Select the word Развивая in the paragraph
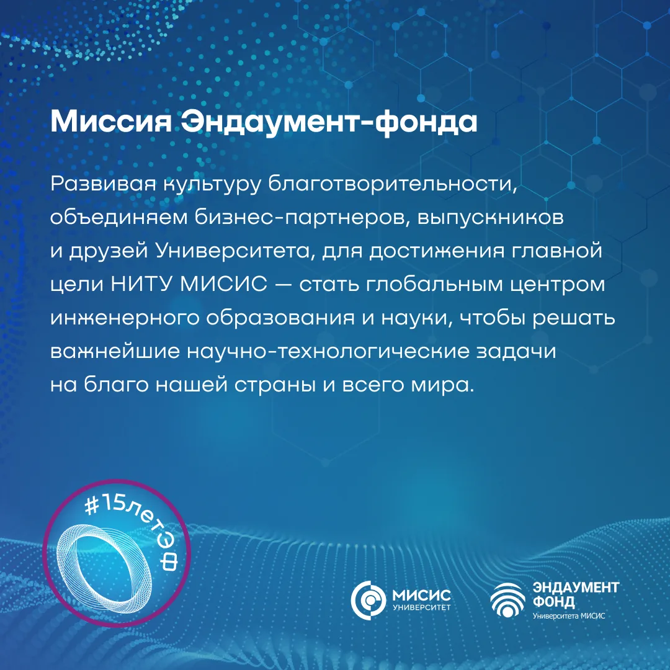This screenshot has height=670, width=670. click(103, 184)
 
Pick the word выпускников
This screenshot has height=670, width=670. click(490, 218)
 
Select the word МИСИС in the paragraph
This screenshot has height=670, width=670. click(223, 284)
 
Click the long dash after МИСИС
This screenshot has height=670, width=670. click(284, 284)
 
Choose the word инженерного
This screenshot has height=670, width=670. click(125, 318)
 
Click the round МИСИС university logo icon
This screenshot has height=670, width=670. click(368, 599)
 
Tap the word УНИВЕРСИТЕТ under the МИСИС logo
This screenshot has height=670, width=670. click(421, 607)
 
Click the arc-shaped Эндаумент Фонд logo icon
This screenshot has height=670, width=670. click(508, 599)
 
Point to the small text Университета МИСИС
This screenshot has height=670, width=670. click(569, 616)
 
